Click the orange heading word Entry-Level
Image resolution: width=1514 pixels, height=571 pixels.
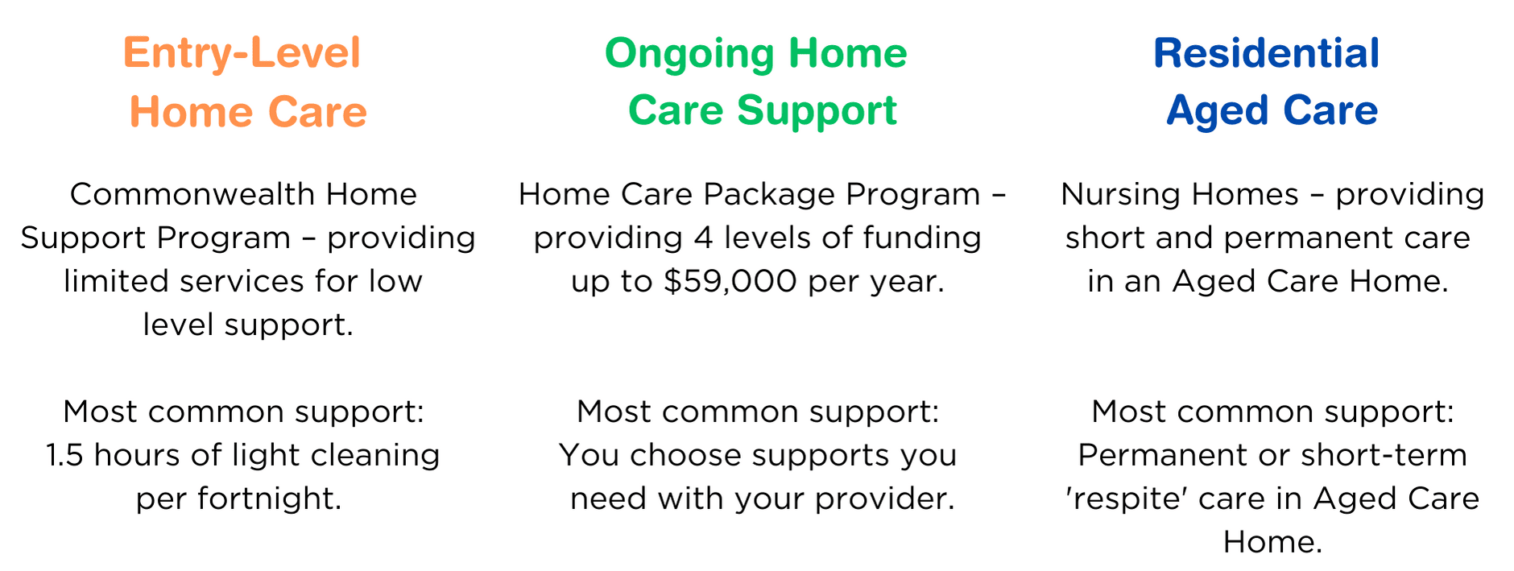tap(242, 54)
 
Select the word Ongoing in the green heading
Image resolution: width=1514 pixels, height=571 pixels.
tap(689, 54)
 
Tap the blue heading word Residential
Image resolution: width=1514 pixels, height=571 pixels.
tap(1266, 54)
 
